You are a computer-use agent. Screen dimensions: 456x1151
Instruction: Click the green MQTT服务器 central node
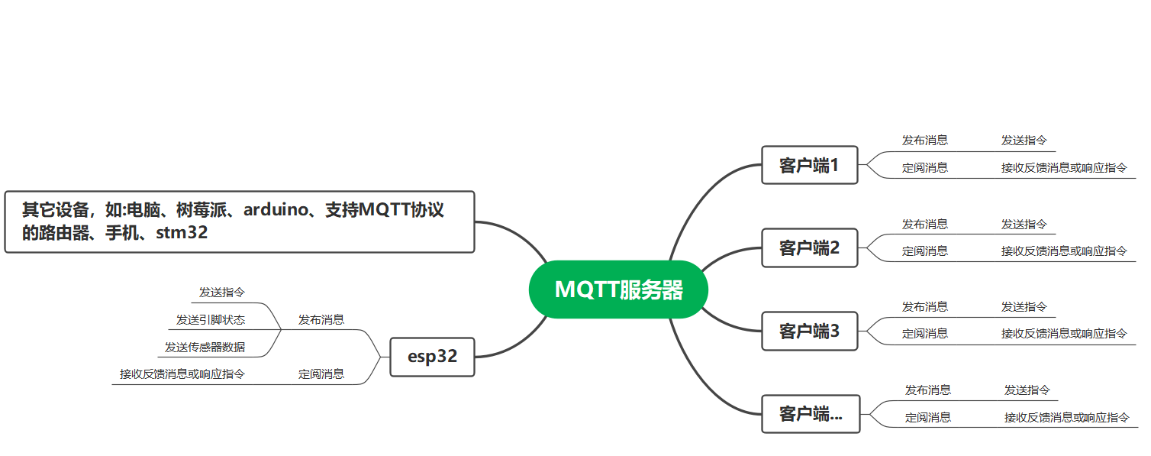(618, 289)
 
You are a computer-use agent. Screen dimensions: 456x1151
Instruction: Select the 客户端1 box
(809, 165)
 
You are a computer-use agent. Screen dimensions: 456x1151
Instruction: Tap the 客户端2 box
(809, 247)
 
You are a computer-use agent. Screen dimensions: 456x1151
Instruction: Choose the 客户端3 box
(809, 331)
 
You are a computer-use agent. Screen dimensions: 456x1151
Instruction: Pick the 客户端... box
(811, 414)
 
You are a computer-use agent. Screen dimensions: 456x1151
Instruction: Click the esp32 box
(432, 357)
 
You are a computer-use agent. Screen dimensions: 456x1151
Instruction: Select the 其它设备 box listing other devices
(239, 222)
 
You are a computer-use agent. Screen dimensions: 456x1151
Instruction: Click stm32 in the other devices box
(182, 233)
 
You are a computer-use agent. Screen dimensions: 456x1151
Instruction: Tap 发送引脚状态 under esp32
(211, 319)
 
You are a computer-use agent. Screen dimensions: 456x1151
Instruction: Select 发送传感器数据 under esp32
(205, 347)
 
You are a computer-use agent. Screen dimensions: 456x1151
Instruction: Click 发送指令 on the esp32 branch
(222, 292)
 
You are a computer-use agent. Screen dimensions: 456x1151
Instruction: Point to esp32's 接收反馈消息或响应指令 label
(182, 374)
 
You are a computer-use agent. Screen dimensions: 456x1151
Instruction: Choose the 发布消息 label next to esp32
(321, 319)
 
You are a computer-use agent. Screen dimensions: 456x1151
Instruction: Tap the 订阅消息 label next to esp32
(321, 374)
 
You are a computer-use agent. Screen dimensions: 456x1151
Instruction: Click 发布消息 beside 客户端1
(925, 140)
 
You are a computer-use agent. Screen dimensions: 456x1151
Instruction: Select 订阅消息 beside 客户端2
(925, 251)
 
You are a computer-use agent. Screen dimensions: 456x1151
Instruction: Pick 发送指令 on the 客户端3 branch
(1024, 306)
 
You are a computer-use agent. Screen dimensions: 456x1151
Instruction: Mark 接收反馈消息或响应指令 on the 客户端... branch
(1067, 417)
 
